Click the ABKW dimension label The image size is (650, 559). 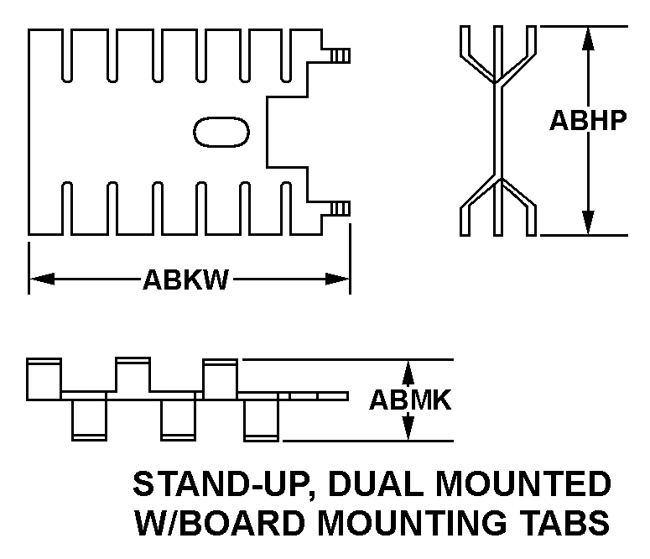point(185,279)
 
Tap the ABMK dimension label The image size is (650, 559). point(410,400)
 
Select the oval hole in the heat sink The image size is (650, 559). point(222,132)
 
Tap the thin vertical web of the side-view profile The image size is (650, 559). point(497,130)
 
